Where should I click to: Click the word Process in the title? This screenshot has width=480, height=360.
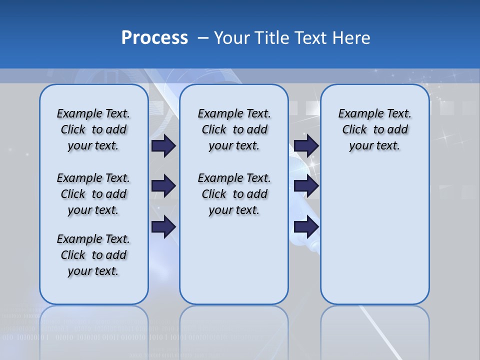point(154,38)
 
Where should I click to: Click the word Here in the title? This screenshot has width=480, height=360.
point(351,38)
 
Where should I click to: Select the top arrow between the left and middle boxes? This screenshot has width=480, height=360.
point(163,145)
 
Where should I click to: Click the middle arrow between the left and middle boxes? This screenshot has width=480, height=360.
point(163,186)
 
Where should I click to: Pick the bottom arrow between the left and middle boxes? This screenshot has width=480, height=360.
point(163,227)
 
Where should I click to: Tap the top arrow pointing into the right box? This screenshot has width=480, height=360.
point(306,145)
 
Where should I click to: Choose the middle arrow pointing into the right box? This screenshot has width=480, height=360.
point(306,186)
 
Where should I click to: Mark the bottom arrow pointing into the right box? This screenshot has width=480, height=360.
point(306,227)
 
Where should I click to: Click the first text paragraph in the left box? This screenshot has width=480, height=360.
point(93,129)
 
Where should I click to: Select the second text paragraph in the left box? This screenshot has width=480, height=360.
point(93,194)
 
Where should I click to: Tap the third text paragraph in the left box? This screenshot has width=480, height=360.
point(93,255)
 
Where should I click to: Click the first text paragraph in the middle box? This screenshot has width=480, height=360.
point(234,129)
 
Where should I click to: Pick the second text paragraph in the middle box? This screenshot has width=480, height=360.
point(234,194)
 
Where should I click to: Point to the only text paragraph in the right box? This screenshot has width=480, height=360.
point(374,129)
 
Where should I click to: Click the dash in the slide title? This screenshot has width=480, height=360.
point(203,38)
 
